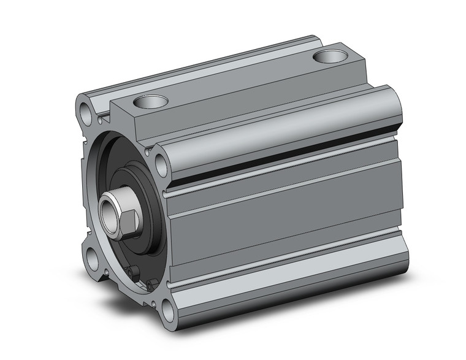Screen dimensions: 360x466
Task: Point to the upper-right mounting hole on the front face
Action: (x=161, y=164)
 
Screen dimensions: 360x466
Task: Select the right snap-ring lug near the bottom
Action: (x=151, y=283)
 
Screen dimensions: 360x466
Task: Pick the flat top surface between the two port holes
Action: (x=239, y=80)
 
